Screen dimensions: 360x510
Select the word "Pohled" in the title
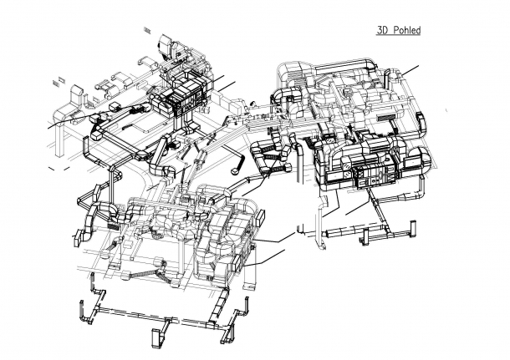[x=405, y=31]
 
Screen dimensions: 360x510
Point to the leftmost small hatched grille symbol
[x=57, y=82]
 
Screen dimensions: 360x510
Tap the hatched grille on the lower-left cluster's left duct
[x=110, y=226]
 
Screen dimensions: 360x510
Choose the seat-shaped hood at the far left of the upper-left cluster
[x=63, y=110]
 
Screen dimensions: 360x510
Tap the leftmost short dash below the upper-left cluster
[x=52, y=167]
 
